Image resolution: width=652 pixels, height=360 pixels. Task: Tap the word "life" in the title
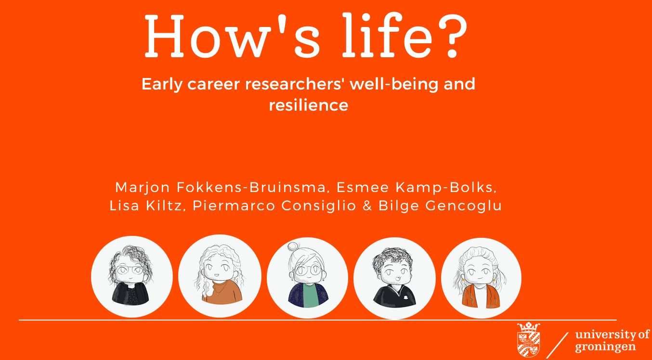[x=387, y=35]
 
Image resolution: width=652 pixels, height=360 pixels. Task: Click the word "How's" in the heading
[x=232, y=36]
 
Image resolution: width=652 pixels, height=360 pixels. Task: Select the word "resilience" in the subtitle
[x=309, y=105]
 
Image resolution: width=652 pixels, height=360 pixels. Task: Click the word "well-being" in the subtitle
[x=394, y=84]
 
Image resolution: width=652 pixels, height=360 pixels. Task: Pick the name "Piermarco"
[x=234, y=206]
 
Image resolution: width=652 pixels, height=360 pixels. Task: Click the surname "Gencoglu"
[x=464, y=206]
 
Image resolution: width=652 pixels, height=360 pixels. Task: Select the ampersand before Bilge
[x=367, y=206]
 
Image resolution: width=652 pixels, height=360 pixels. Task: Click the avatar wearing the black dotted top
[x=131, y=276]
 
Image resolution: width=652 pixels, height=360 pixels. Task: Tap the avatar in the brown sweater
[x=220, y=276]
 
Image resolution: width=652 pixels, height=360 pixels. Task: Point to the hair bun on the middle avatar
[x=292, y=246]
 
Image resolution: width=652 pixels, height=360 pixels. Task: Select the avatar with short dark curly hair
[x=394, y=278]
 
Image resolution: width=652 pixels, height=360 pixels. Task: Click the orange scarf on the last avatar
[x=482, y=296]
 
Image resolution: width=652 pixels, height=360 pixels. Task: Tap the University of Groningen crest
[x=529, y=340]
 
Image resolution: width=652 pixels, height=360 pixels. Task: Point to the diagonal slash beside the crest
[x=558, y=345]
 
